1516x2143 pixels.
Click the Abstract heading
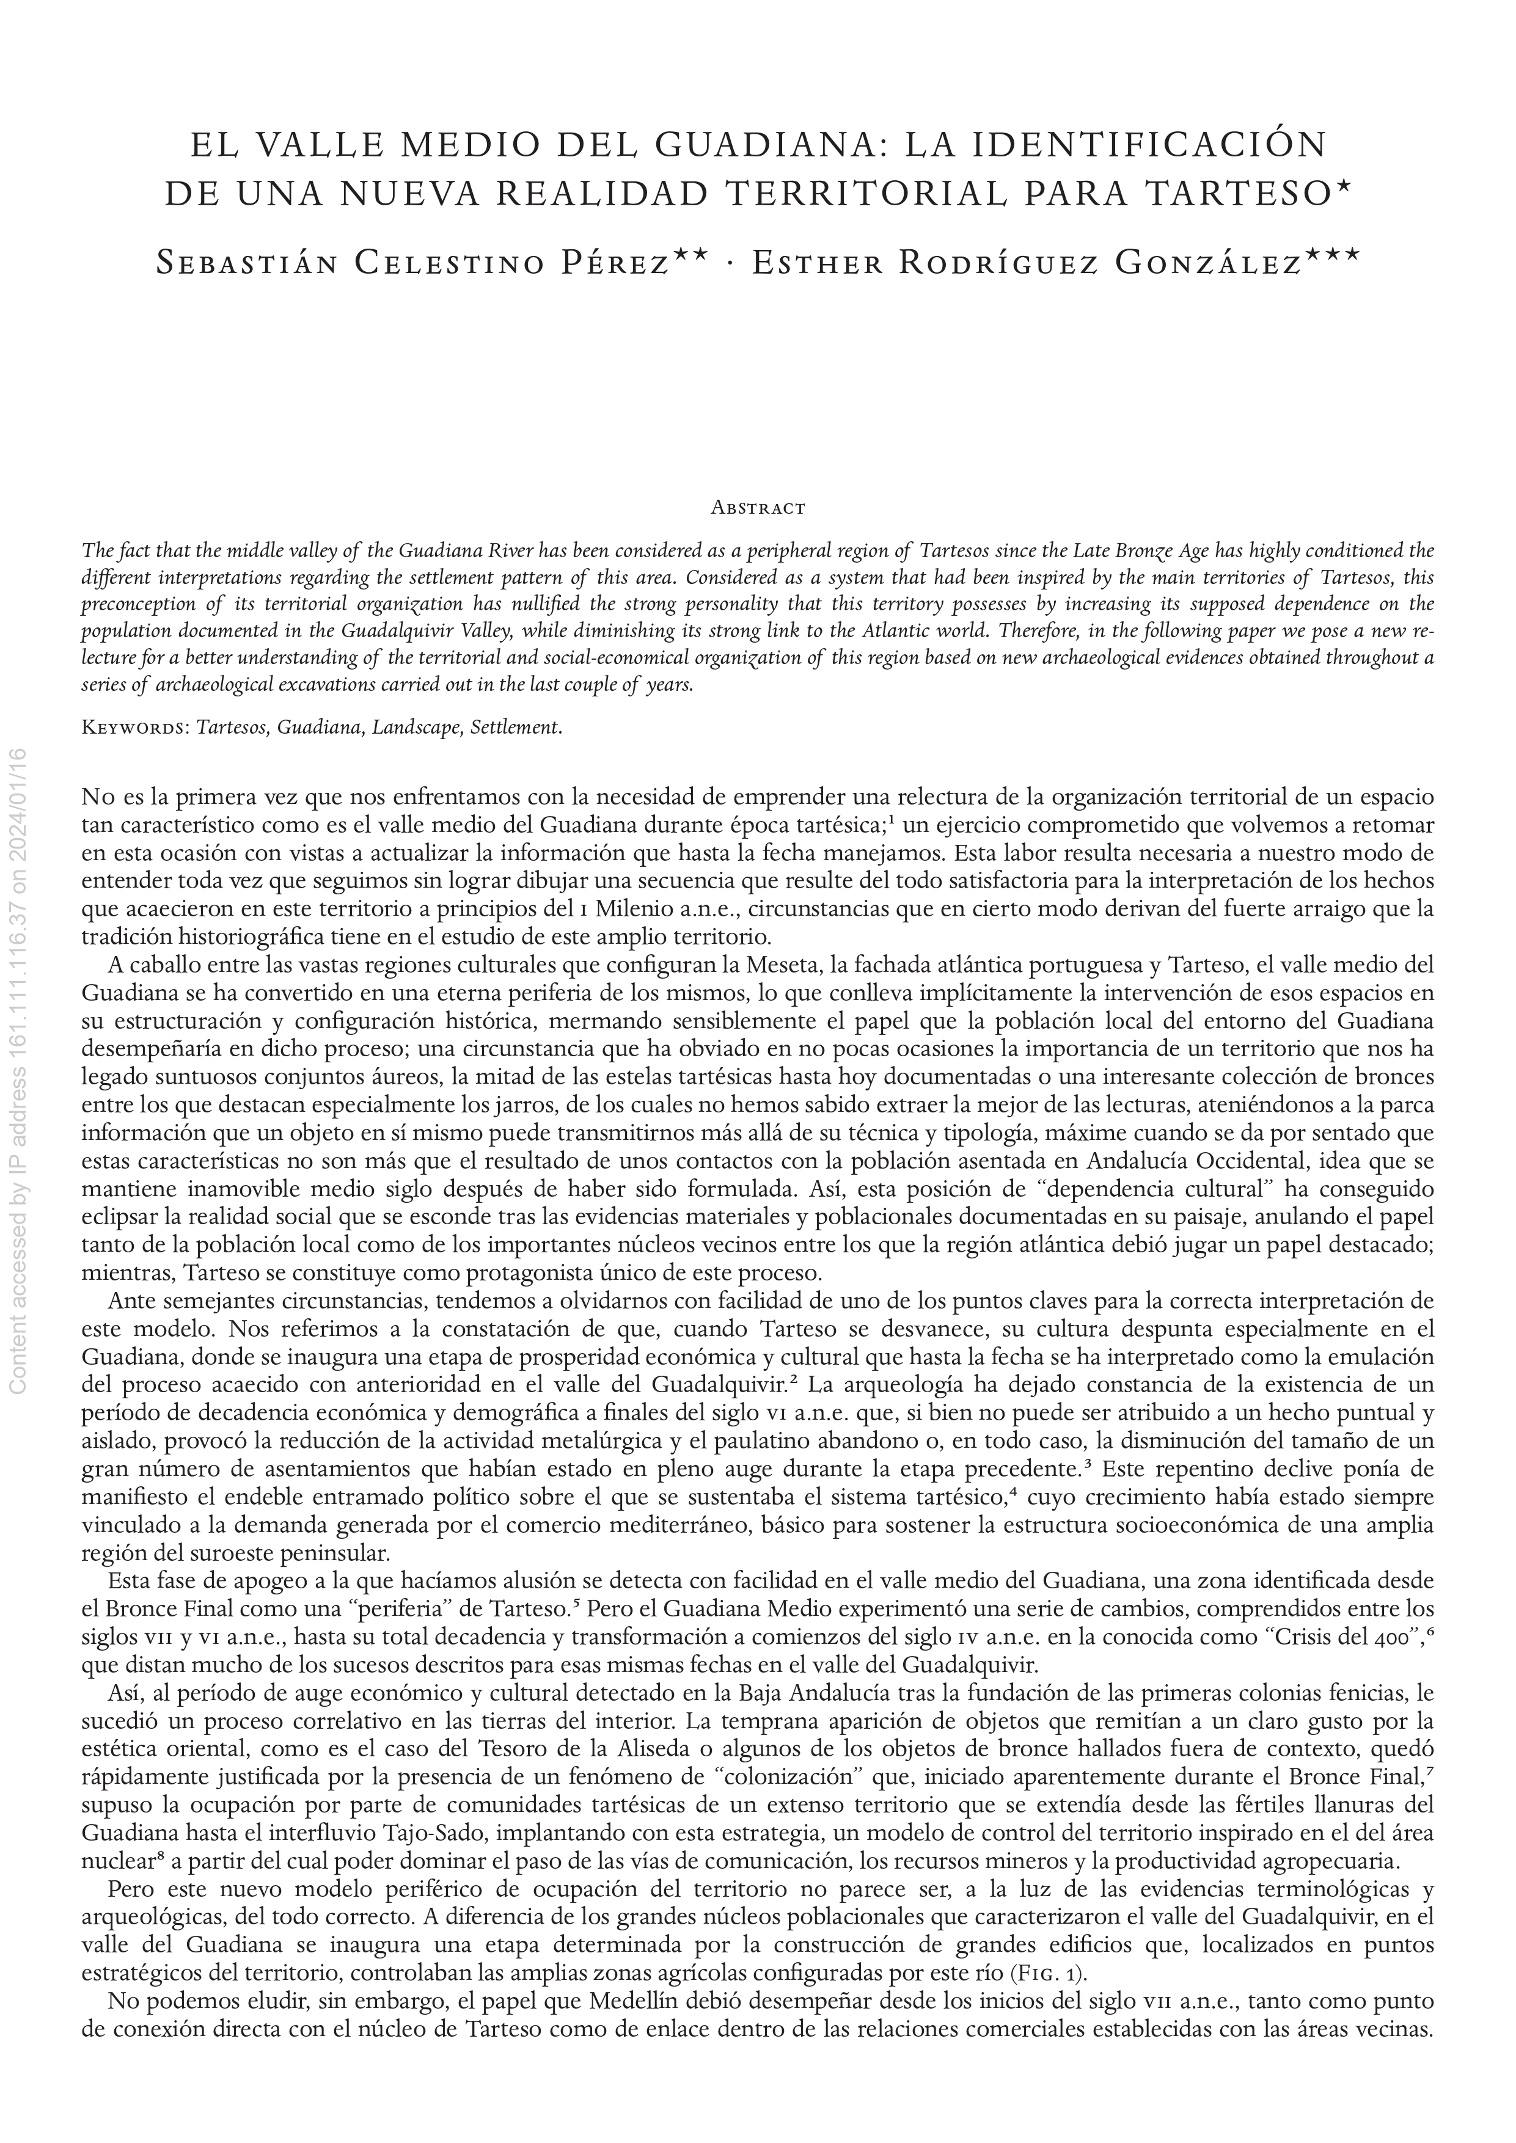(758, 509)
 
